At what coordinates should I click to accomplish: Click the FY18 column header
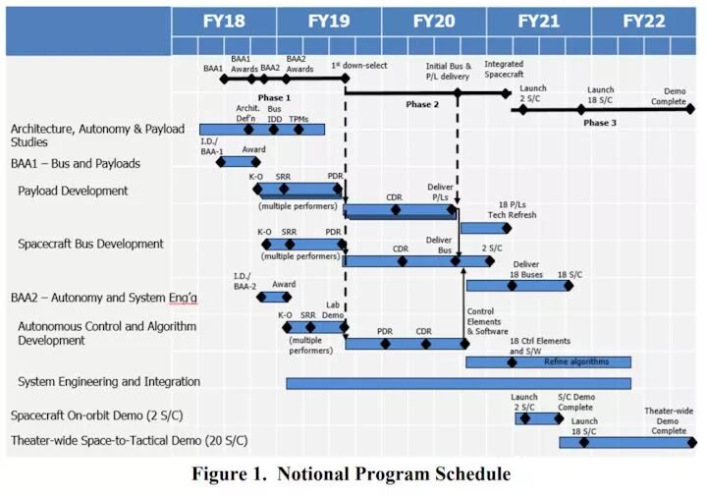225,21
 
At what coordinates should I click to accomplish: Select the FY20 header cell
434,21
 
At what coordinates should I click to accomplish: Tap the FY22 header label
643,21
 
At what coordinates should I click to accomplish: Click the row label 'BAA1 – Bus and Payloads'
76,163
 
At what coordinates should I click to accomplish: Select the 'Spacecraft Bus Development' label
90,244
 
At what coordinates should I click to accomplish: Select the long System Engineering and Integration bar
458,383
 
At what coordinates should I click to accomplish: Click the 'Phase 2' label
422,105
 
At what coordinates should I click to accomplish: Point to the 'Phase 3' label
599,123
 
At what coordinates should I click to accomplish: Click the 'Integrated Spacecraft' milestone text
504,70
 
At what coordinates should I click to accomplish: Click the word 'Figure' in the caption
220,474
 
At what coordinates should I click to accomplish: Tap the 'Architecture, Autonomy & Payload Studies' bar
261,130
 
